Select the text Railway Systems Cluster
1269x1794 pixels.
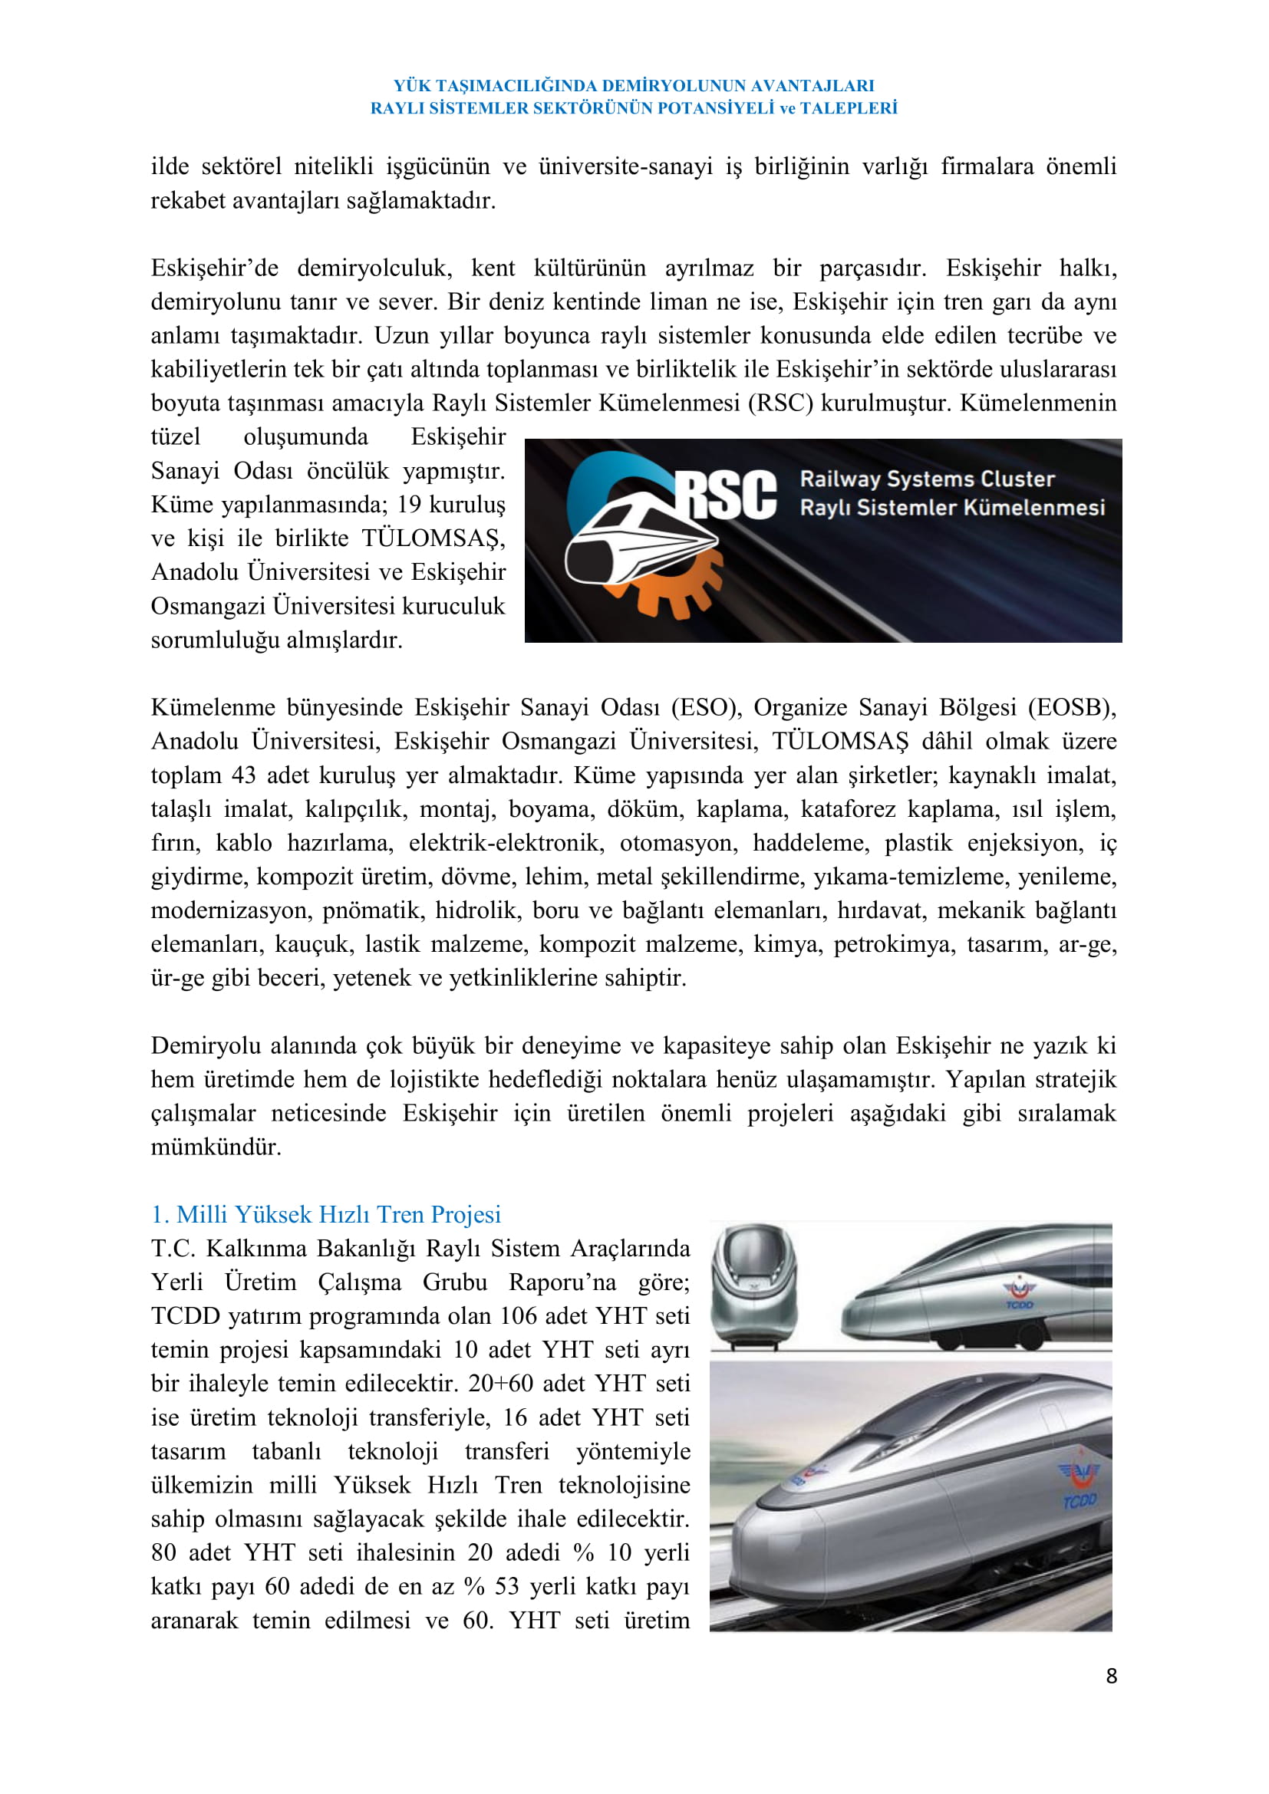pos(927,478)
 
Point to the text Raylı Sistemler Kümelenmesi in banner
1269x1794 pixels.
pos(951,508)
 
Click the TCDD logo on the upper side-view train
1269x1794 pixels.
pos(1018,1293)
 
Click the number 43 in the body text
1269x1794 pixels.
pos(243,775)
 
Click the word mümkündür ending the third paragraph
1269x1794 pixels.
pos(216,1147)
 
